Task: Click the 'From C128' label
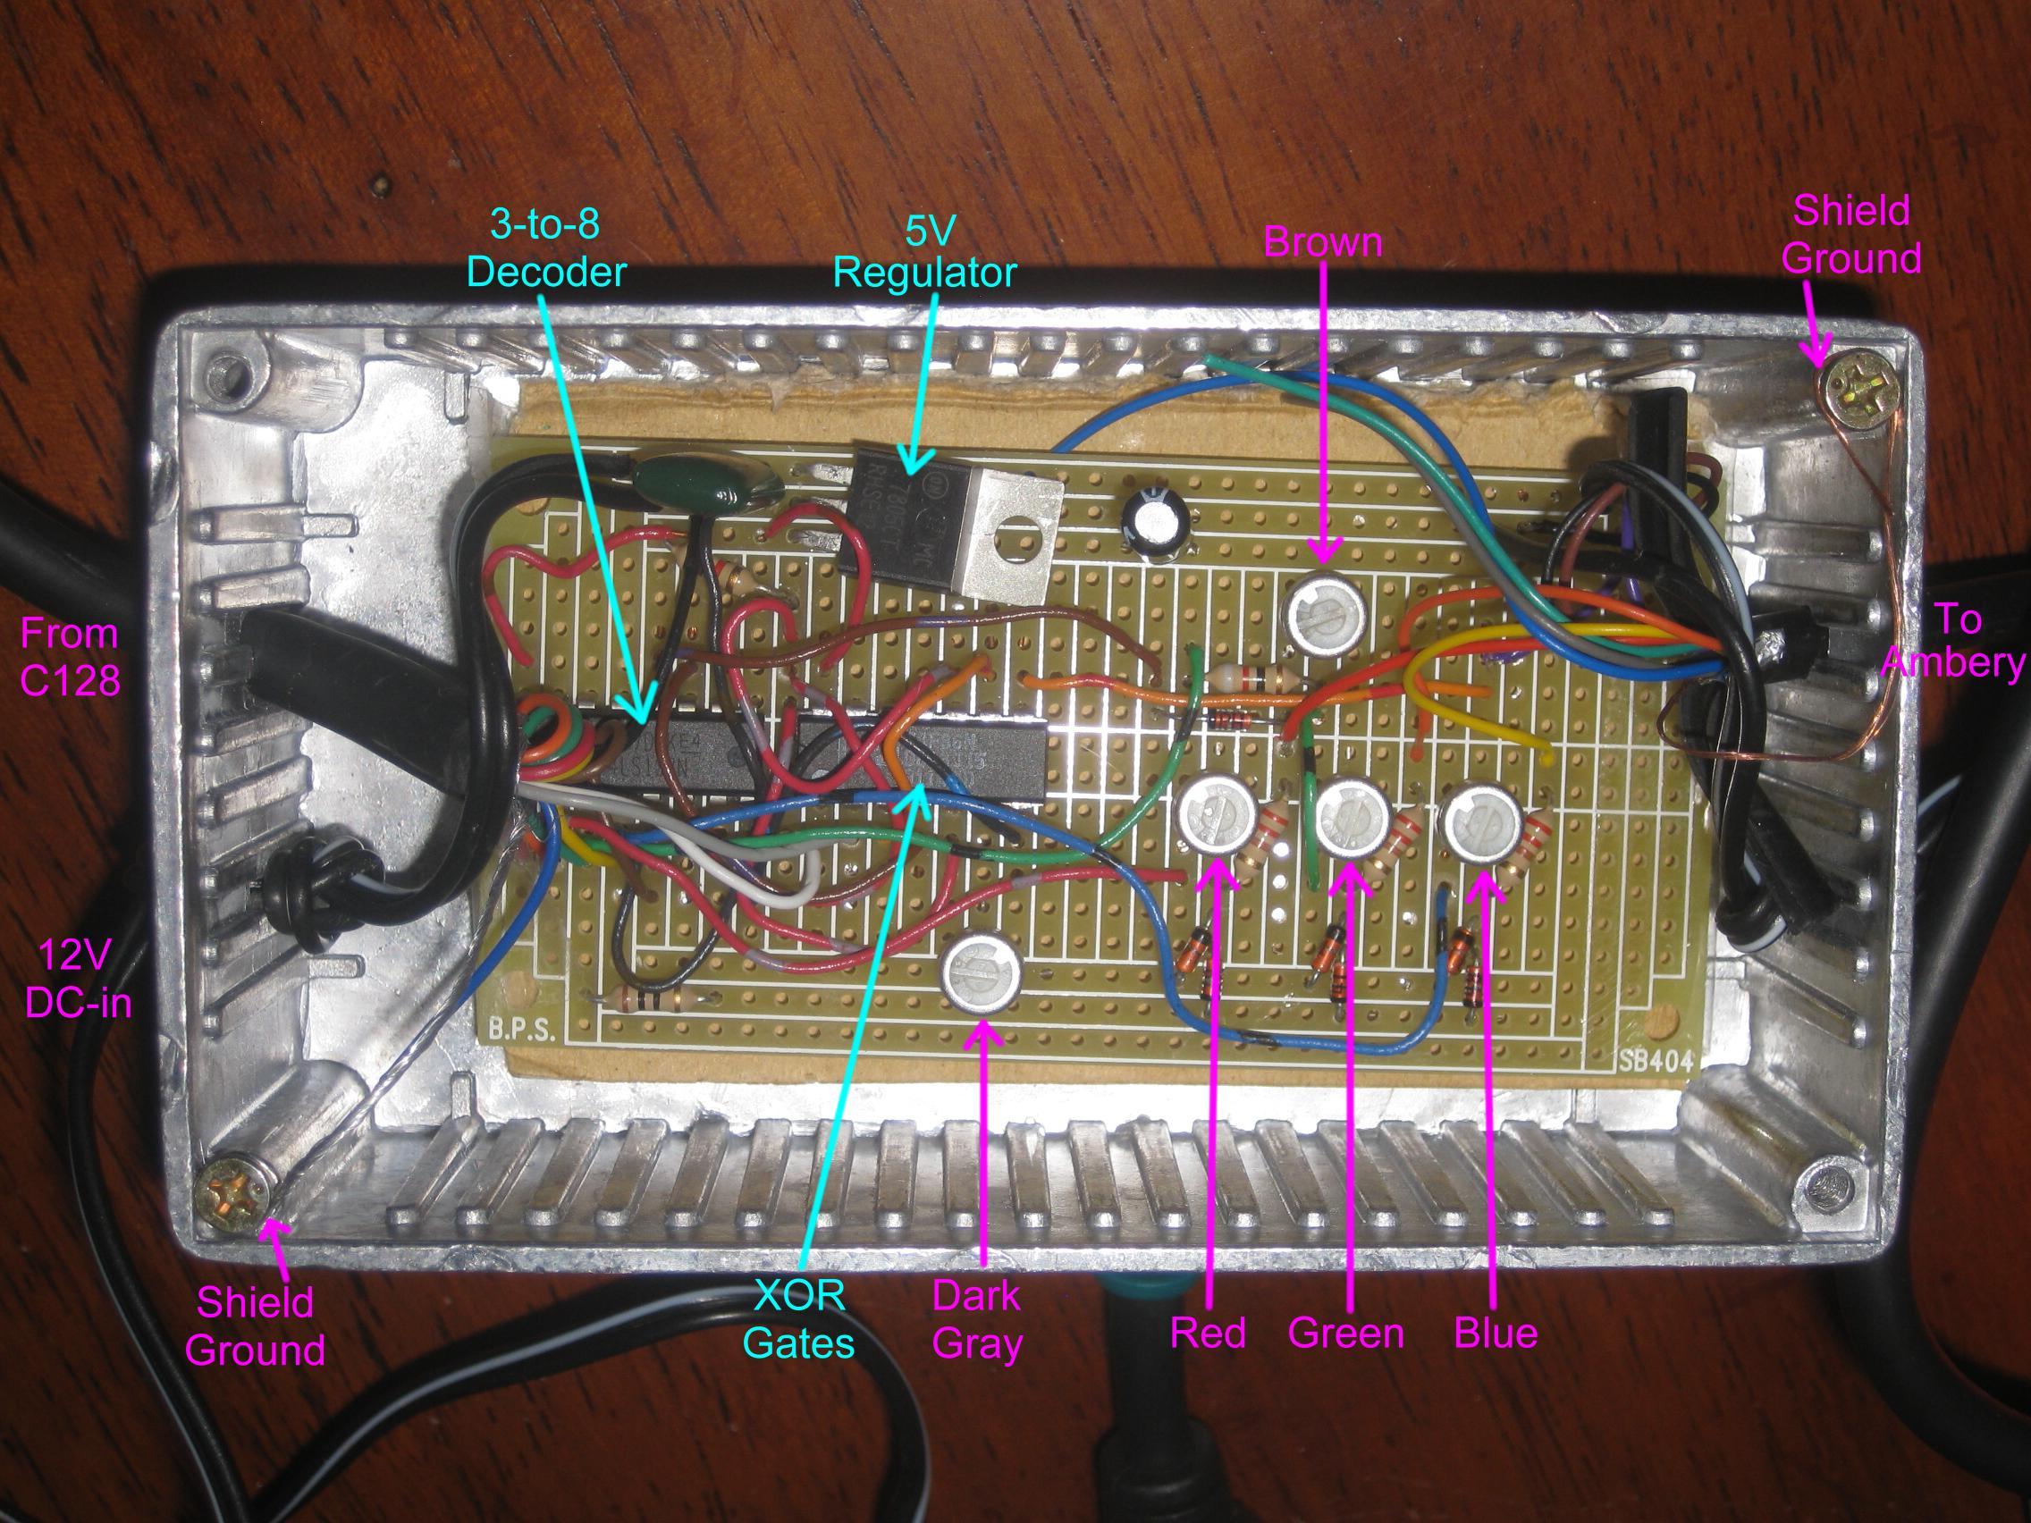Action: pyautogui.click(x=70, y=657)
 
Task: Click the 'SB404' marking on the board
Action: pyautogui.click(x=1656, y=1062)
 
